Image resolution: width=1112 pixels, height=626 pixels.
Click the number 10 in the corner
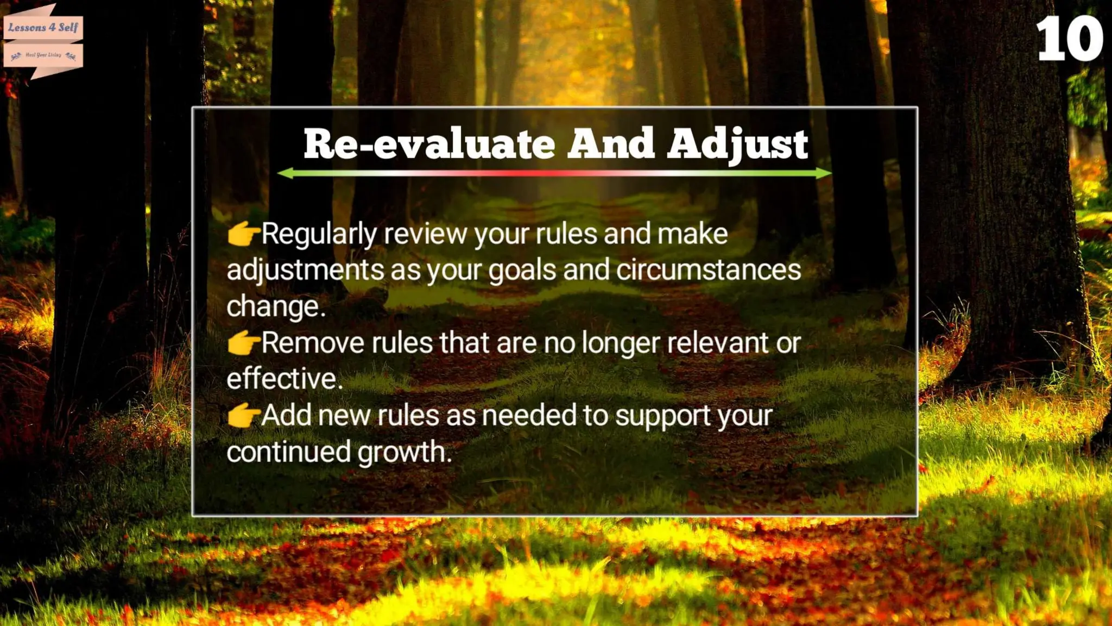1069,39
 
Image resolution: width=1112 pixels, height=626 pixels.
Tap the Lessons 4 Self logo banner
43,27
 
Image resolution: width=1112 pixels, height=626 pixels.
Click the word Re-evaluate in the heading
429,144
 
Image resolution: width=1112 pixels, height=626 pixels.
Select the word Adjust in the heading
737,144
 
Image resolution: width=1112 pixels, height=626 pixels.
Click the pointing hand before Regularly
243,234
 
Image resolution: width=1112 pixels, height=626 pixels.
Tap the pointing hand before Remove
243,343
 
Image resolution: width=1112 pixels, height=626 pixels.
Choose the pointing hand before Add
243,416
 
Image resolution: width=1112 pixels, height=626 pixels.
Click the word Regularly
319,235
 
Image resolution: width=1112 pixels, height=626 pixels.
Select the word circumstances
709,270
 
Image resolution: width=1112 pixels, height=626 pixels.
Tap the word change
275,306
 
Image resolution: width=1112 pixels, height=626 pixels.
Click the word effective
284,379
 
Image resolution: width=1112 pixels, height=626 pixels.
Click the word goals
522,271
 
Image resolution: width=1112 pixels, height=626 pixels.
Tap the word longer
621,343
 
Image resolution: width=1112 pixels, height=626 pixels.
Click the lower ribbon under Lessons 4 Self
43,55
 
